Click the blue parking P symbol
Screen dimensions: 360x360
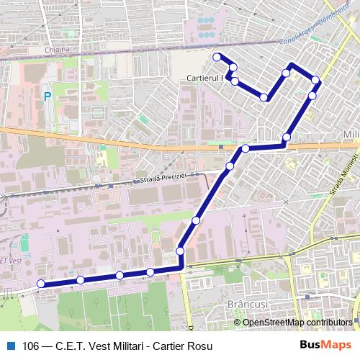coord(47,95)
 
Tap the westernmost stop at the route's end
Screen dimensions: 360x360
coord(41,284)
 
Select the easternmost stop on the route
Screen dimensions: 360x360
coord(315,80)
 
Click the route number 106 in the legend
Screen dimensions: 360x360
coord(30,345)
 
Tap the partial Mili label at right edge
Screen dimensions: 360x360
coord(351,135)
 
